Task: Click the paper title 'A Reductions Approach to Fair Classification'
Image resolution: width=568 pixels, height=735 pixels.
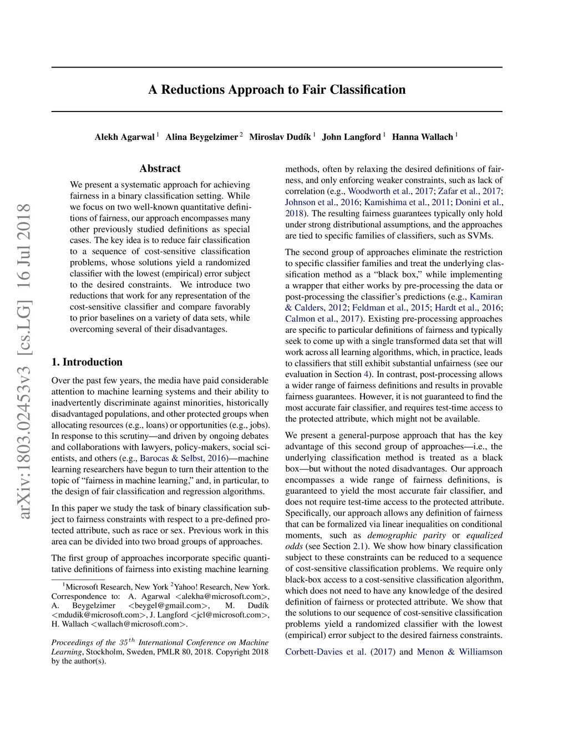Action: [x=277, y=90]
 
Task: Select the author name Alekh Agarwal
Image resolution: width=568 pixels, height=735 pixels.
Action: [x=124, y=137]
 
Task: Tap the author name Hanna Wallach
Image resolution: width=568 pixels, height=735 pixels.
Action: [x=422, y=137]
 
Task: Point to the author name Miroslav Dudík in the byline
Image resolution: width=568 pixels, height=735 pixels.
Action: [x=280, y=137]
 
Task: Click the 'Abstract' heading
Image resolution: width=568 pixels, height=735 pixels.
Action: [x=160, y=169]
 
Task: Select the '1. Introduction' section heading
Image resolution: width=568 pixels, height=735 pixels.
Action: [x=87, y=362]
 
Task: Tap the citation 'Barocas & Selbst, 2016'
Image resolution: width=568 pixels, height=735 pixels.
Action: [x=183, y=458]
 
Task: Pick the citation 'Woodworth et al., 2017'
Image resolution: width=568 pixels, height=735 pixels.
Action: [x=390, y=191]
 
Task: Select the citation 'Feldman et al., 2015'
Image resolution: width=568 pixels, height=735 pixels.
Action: [x=391, y=308]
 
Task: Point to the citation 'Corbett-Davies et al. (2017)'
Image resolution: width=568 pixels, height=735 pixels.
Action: [x=340, y=652]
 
